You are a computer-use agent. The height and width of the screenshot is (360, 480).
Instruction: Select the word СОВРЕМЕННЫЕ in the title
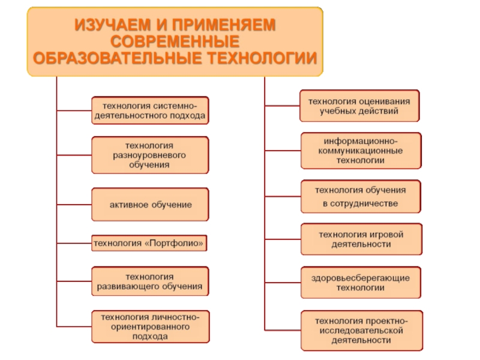[175, 42]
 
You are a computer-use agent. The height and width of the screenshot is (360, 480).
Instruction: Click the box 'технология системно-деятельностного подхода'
[150, 110]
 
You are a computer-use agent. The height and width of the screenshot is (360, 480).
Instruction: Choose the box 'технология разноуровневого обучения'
[150, 155]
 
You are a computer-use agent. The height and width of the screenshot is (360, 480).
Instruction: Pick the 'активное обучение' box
[150, 205]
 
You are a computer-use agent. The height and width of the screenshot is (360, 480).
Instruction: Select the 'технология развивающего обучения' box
[150, 282]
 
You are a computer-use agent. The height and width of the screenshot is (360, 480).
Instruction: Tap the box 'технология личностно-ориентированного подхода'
[150, 327]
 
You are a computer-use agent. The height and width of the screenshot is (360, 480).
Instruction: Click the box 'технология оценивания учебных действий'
[359, 106]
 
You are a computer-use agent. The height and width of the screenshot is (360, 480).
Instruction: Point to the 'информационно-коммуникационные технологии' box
[360, 149]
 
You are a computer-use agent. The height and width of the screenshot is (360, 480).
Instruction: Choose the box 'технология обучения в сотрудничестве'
[360, 197]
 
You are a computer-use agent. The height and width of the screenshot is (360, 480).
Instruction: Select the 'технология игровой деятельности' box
[361, 239]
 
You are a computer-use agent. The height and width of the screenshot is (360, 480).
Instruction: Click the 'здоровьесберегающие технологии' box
[360, 283]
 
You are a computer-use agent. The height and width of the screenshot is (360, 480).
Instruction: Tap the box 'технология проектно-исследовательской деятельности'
[361, 330]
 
